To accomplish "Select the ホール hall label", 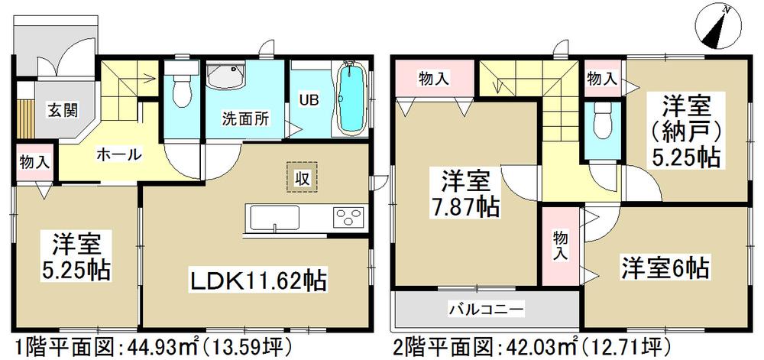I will pyautogui.click(x=118, y=154).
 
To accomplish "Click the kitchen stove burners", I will pyautogui.click(x=348, y=217).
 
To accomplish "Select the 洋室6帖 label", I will pyautogui.click(x=664, y=269).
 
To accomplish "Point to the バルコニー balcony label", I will pyautogui.click(x=486, y=309).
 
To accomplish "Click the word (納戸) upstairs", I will pyautogui.click(x=682, y=129).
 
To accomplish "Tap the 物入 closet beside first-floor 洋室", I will pyautogui.click(x=34, y=162).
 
